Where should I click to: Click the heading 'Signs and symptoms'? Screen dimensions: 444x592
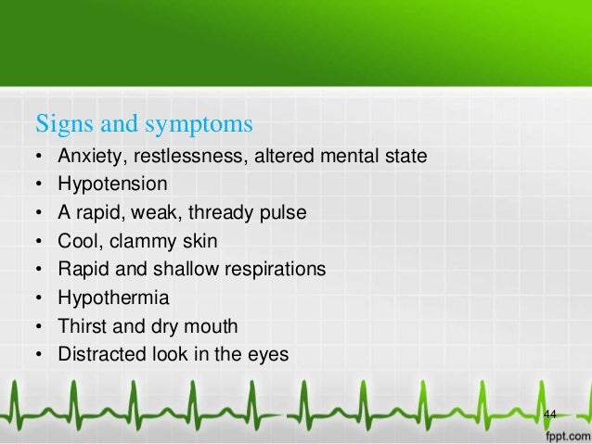(x=144, y=122)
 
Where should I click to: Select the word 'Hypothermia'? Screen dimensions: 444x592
(x=107, y=298)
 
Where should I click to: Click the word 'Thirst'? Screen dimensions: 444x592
(x=80, y=326)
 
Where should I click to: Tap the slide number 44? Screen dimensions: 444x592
(x=549, y=412)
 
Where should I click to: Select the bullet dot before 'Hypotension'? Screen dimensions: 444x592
(x=37, y=184)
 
